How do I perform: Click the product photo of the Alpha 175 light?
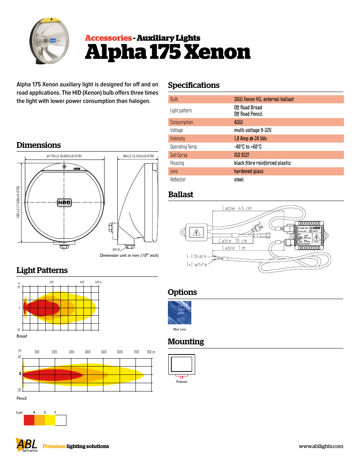tap(49, 41)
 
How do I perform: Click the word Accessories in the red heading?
tap(108, 38)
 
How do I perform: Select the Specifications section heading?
tap(194, 85)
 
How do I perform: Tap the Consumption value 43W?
tap(238, 122)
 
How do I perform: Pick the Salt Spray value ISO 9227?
tap(242, 155)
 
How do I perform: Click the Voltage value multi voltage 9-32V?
tap(252, 130)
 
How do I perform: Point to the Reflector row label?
tap(178, 180)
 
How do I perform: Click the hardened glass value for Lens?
tap(248, 172)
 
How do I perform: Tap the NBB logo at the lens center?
tap(64, 203)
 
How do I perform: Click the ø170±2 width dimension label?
tap(64, 156)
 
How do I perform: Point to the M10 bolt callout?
tap(116, 249)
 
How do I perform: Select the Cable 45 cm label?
tap(237, 208)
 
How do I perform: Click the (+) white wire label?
tap(197, 265)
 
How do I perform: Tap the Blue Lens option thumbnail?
tap(180, 313)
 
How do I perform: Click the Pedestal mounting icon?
tap(182, 365)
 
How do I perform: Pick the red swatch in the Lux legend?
tap(29, 420)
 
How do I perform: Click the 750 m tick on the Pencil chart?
tap(151, 352)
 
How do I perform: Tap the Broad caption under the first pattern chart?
tap(22, 336)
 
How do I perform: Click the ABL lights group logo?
tap(27, 445)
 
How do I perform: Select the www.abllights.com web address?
tap(321, 446)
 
